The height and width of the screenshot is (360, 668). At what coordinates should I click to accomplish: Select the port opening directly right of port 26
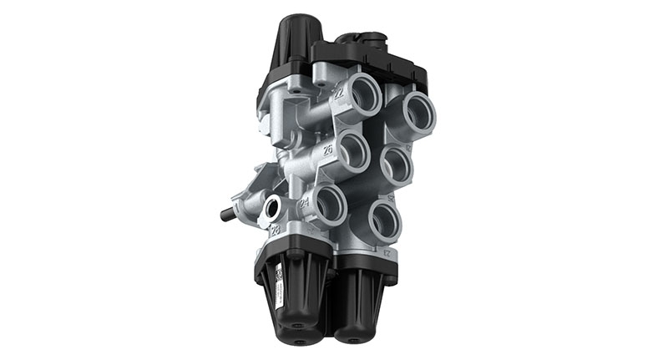click(x=398, y=165)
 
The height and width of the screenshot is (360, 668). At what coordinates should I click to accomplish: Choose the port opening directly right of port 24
click(x=383, y=219)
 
